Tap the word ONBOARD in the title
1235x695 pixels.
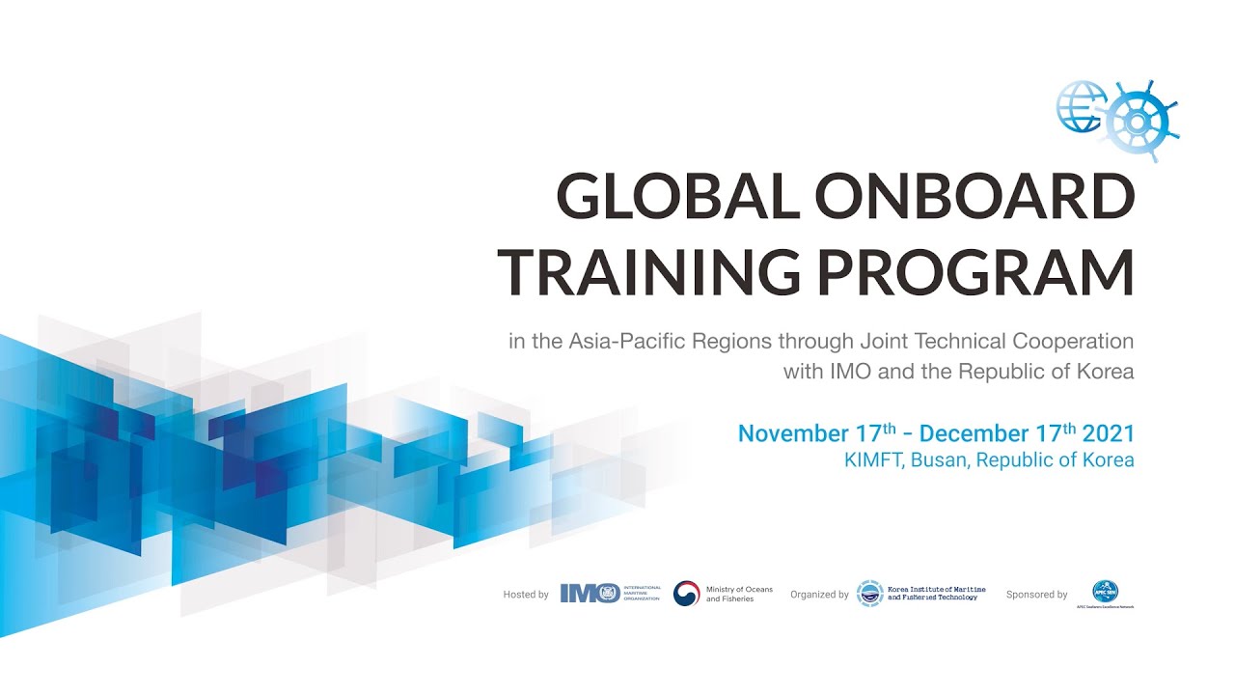[x=974, y=199]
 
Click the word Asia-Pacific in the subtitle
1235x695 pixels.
[x=617, y=342]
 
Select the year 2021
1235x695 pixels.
[x=1108, y=434]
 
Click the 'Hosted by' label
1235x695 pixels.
[x=526, y=595]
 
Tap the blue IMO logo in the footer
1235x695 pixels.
[x=590, y=594]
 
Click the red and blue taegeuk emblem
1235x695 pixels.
[x=686, y=594]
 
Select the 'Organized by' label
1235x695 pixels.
[x=819, y=595]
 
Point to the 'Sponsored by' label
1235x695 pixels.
[x=1036, y=595]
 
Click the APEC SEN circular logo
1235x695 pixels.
[x=1105, y=592]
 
